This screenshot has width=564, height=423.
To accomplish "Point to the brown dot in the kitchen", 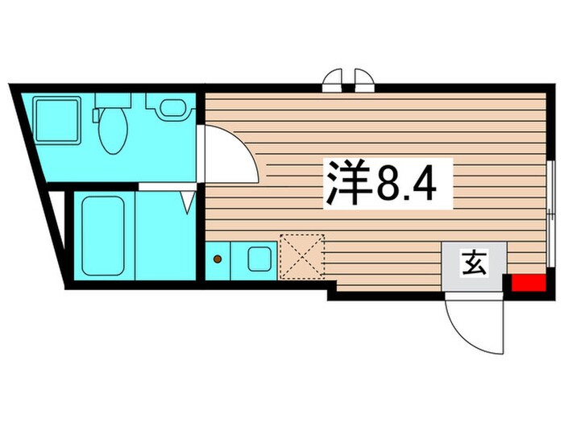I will (217, 259).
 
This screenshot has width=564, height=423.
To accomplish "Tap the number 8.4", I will (406, 185).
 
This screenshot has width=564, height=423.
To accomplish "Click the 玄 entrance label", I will (474, 263).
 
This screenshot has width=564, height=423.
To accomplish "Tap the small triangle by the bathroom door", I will (188, 201).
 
